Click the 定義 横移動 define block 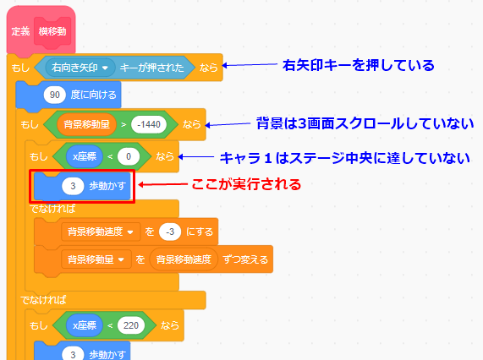click(41, 30)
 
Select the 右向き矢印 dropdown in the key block click(80, 68)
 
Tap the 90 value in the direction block click(54, 95)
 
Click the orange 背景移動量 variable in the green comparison click(86, 124)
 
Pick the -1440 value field click(149, 124)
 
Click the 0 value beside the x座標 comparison click(129, 156)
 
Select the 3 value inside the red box click(73, 186)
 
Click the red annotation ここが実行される click(246, 184)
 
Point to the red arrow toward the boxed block click(163, 184)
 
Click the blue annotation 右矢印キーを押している click(359, 65)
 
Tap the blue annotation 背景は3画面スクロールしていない click(365, 123)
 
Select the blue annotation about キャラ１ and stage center click(345, 158)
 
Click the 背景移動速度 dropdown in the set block click(101, 232)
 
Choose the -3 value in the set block click(170, 232)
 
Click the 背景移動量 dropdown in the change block click(96, 259)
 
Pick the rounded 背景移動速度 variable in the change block click(184, 259)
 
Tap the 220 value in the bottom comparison click(131, 325)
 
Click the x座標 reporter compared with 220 click(85, 325)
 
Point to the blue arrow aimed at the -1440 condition click(228, 124)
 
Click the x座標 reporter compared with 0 click(85, 156)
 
